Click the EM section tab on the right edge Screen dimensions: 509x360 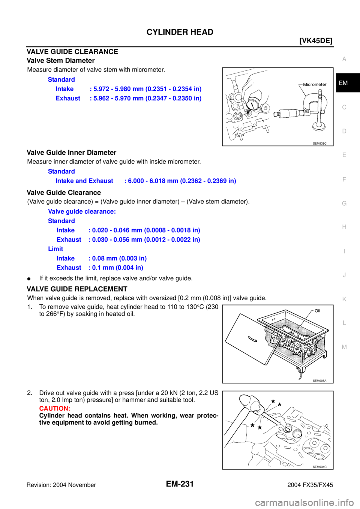coord(343,83)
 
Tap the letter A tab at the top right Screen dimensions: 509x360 coord(344,59)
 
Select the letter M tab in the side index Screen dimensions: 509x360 coord(344,347)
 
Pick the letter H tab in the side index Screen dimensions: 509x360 coord(344,227)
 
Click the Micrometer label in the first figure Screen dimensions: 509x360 coord(315,84)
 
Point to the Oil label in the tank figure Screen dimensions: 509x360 coord(317,311)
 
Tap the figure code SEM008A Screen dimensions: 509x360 coord(319,381)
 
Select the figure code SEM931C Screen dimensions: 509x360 coord(319,467)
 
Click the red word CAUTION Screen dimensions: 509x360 coord(55,409)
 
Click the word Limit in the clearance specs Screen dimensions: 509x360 coord(56,249)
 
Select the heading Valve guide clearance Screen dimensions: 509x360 coord(82,211)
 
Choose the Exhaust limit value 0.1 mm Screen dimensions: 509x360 coord(116,268)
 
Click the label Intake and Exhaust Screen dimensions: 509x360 coord(84,181)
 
